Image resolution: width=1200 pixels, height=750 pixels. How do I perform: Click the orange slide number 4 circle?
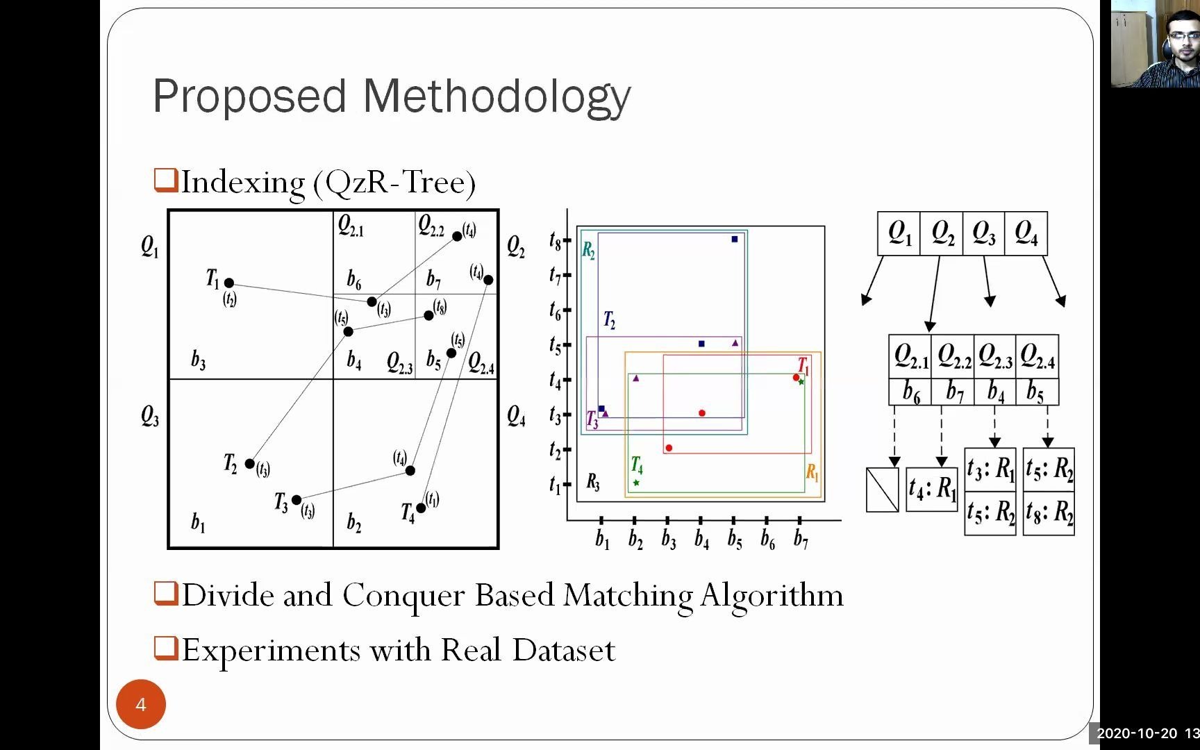tap(140, 704)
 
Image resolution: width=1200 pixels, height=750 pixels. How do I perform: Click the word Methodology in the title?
tap(497, 97)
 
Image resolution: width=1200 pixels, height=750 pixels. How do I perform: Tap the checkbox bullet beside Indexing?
tap(166, 180)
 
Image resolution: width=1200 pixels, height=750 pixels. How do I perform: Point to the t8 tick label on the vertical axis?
tap(555, 240)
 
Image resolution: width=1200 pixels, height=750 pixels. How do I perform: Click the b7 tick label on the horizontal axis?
tap(801, 539)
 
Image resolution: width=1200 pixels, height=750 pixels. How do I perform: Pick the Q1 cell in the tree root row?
tap(899, 233)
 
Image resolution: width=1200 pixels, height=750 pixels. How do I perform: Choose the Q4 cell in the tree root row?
tap(1026, 233)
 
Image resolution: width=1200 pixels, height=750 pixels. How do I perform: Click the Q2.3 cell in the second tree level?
tap(994, 356)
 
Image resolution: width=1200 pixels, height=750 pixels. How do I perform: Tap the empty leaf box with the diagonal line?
tap(882, 490)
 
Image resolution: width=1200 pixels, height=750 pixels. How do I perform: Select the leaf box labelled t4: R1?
tap(932, 489)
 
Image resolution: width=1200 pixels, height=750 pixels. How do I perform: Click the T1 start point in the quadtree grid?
tap(228, 283)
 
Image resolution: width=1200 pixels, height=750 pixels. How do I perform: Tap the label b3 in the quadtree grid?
tap(198, 360)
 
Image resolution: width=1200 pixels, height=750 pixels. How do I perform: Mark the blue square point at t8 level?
tap(734, 239)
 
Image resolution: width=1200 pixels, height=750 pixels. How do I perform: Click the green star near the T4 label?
tap(635, 482)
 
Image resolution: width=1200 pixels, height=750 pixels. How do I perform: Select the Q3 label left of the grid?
tap(149, 417)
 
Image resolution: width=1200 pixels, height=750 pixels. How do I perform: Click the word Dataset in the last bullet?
tap(563, 651)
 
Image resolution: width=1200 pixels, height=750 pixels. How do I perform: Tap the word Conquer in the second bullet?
tap(403, 596)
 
